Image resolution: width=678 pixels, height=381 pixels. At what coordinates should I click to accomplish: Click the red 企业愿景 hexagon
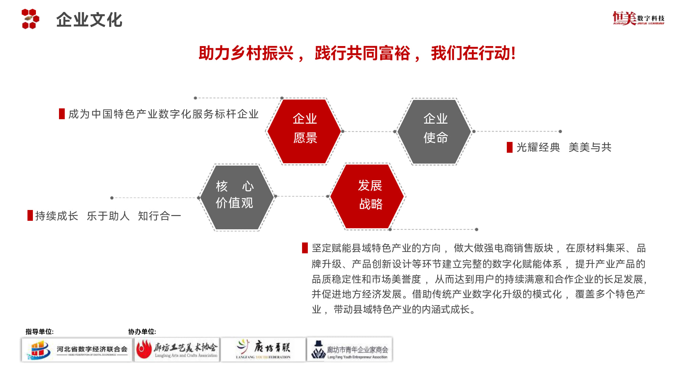pyautogui.click(x=304, y=131)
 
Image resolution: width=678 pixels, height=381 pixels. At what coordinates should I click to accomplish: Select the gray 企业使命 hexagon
pyautogui.click(x=435, y=131)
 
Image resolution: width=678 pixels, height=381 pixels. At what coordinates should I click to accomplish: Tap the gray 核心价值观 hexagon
pyautogui.click(x=236, y=197)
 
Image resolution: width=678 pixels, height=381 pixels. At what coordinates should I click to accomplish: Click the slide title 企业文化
pyautogui.click(x=89, y=20)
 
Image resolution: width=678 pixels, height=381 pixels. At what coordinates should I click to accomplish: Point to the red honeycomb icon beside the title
pyautogui.click(x=30, y=19)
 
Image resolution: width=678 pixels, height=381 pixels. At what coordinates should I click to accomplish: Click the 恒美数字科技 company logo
pyautogui.click(x=638, y=18)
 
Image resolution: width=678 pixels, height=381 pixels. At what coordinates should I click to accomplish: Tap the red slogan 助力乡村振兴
pyautogui.click(x=246, y=53)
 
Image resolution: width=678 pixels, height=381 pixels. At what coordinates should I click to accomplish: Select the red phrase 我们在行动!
pyautogui.click(x=473, y=53)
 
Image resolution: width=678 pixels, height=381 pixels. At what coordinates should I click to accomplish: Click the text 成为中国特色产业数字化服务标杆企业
pyautogui.click(x=163, y=114)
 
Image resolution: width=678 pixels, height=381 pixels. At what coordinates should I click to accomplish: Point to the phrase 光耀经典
pyautogui.click(x=538, y=147)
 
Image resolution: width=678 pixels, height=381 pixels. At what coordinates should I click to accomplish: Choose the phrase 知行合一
pyautogui.click(x=159, y=216)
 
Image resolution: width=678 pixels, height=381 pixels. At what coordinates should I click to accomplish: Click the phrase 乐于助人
pyautogui.click(x=108, y=216)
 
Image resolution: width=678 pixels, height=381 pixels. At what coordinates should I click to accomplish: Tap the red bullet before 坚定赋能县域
pyautogui.click(x=305, y=248)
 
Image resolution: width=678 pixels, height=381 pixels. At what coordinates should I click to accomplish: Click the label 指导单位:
pyautogui.click(x=40, y=332)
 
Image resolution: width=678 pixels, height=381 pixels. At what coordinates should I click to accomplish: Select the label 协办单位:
pyautogui.click(x=142, y=332)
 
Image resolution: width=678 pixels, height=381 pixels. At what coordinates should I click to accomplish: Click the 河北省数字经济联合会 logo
pyautogui.click(x=77, y=350)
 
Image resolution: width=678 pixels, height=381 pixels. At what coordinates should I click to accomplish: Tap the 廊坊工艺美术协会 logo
pyautogui.click(x=177, y=350)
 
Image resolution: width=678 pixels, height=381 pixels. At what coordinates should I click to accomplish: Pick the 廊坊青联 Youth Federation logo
pyautogui.click(x=263, y=350)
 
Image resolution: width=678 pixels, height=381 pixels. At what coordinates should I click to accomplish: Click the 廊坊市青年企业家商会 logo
pyautogui.click(x=350, y=350)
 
